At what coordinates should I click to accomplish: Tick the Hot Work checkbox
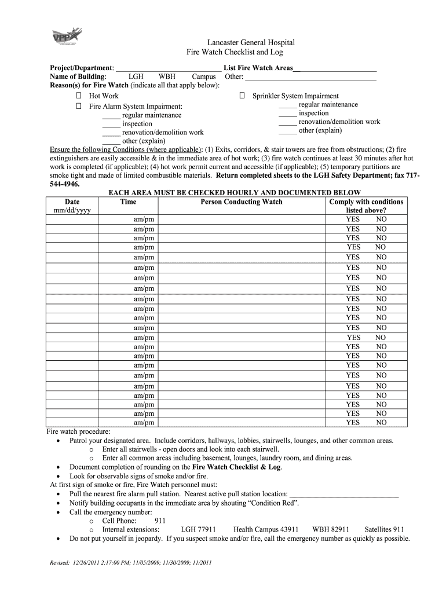tap(79, 96)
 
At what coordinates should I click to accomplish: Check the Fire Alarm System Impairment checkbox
tap(79, 107)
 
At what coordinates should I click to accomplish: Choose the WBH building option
tap(167, 76)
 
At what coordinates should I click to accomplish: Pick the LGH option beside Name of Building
tap(136, 76)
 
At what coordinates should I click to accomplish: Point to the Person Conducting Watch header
tap(242, 202)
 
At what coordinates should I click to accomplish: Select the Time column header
tap(128, 202)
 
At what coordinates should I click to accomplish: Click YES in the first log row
tap(353, 219)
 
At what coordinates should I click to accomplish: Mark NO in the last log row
tap(381, 423)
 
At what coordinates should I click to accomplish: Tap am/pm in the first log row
tap(144, 219)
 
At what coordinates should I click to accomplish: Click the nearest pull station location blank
tap(343, 495)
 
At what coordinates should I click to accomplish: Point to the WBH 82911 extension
tap(330, 529)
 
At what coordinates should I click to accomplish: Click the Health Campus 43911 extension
tap(266, 529)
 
